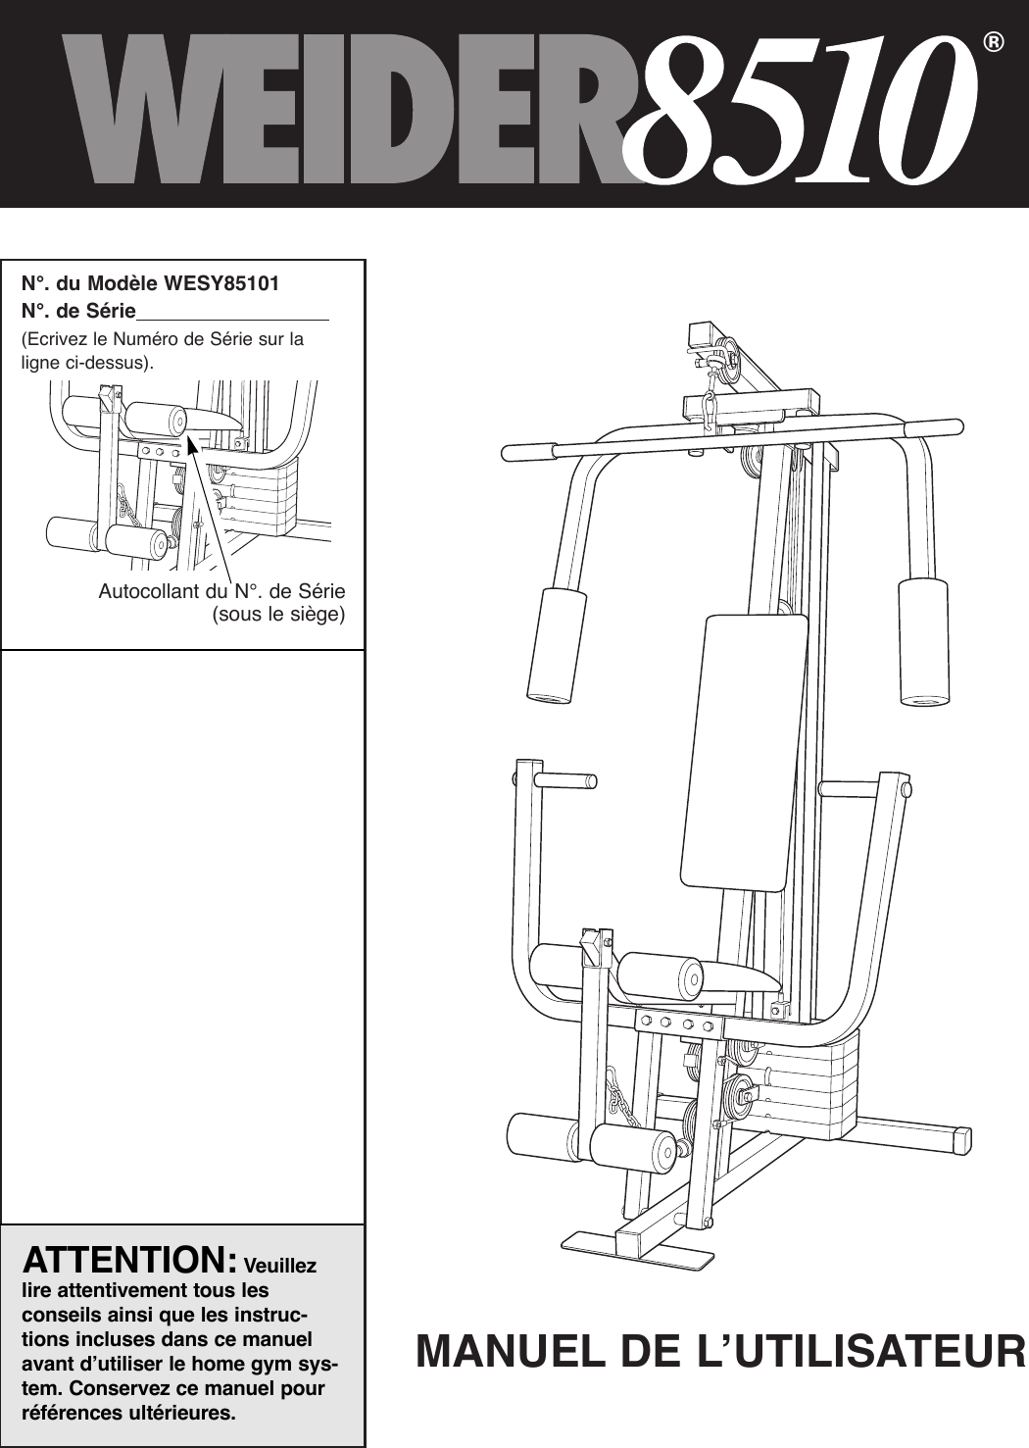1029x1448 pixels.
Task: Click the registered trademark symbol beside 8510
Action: (994, 43)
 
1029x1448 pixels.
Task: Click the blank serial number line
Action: (233, 313)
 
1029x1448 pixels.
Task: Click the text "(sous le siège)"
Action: (278, 615)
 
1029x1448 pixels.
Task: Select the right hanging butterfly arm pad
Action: (924, 642)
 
